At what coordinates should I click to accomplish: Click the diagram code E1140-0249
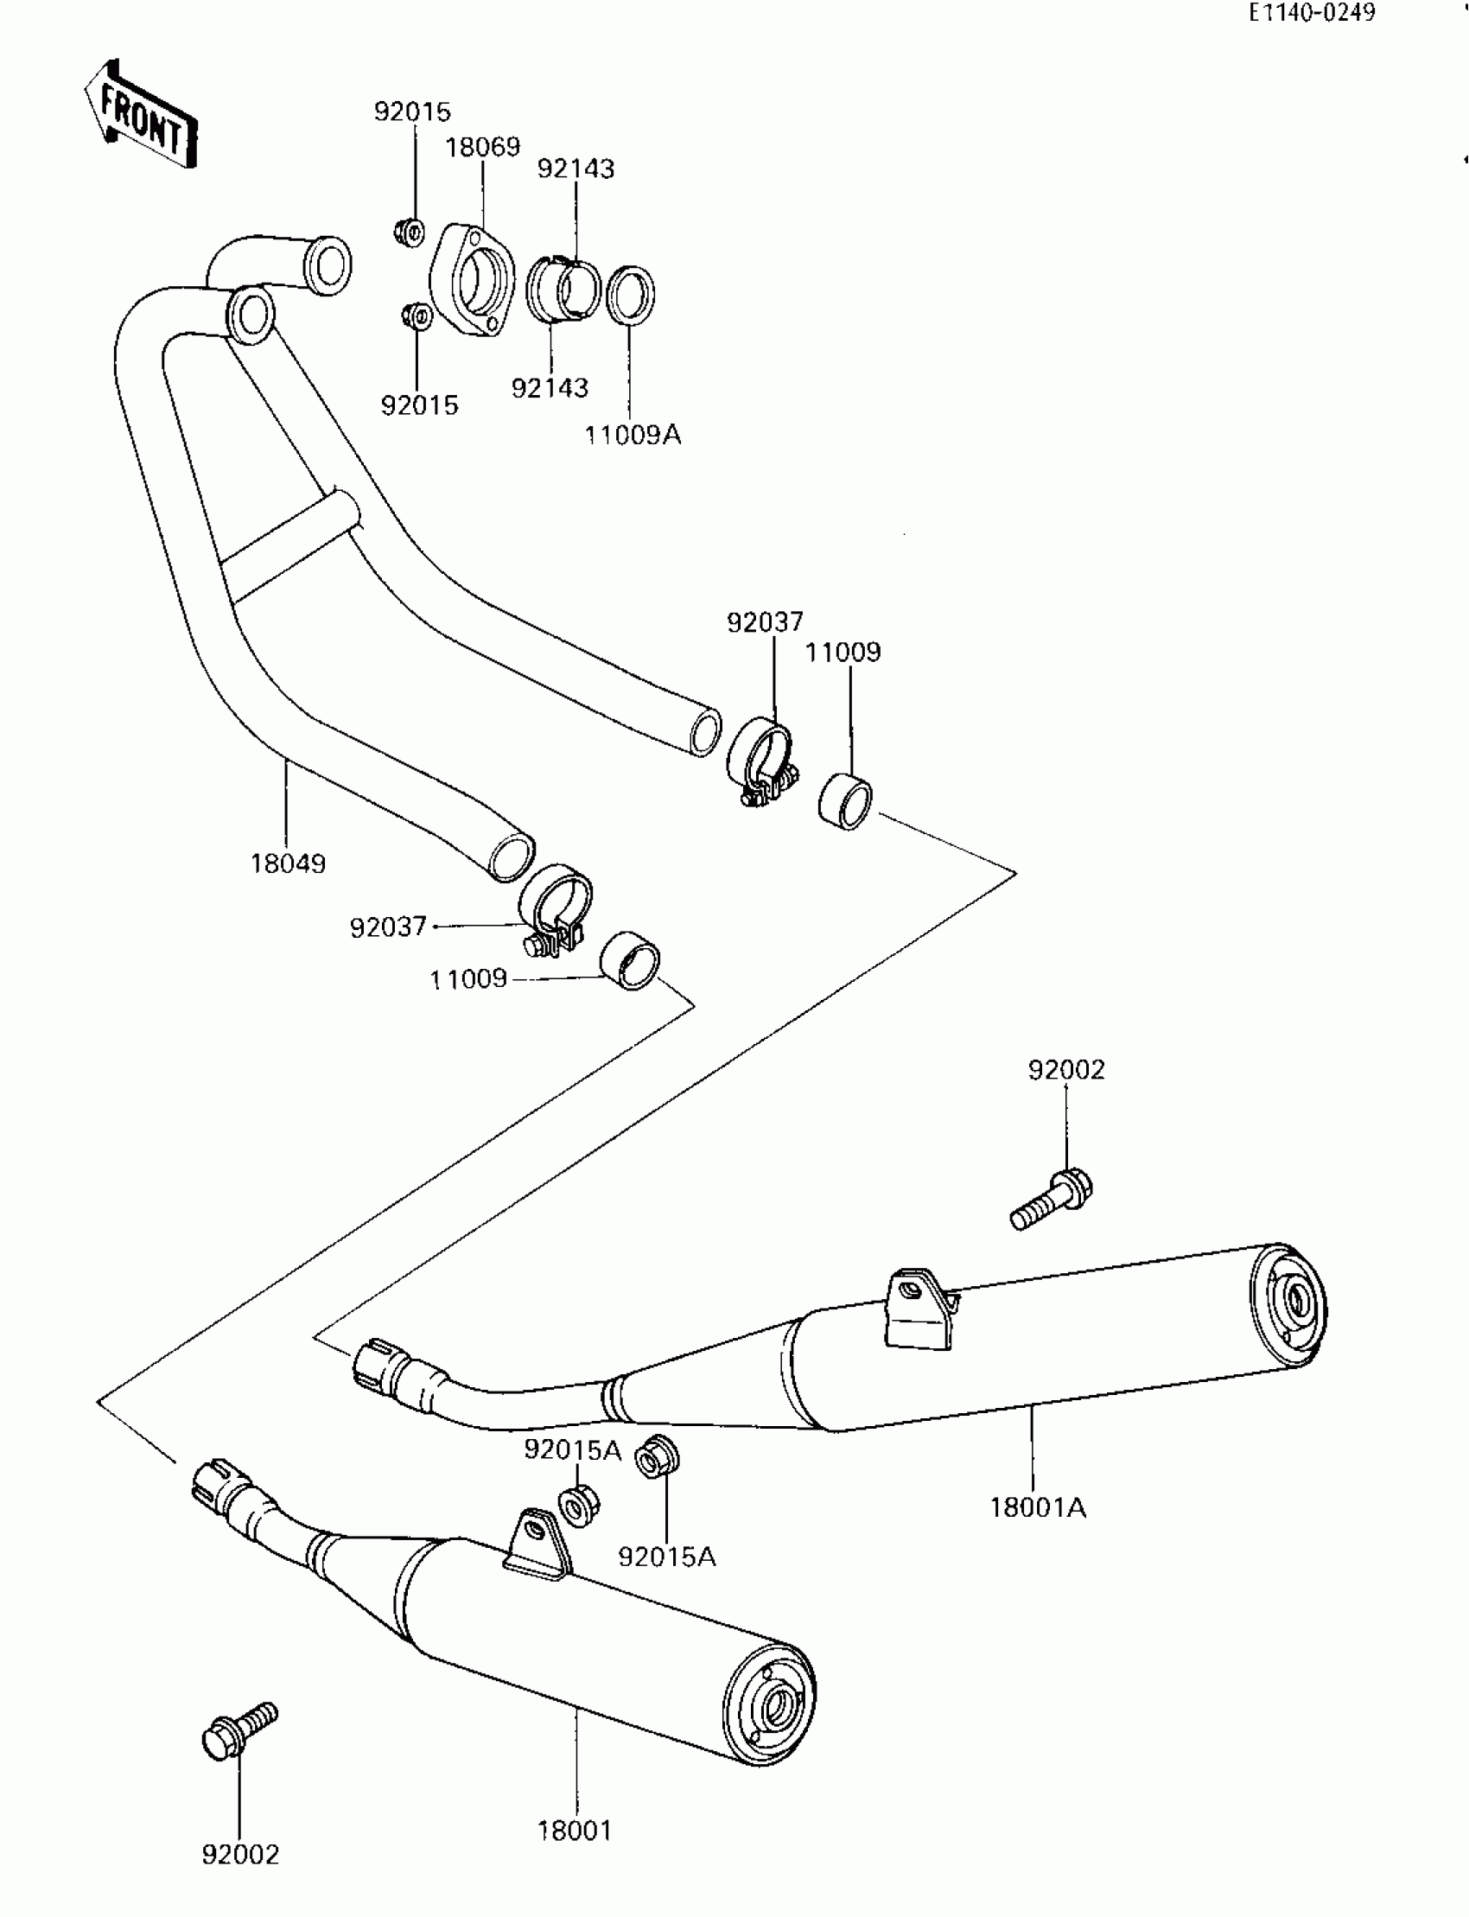(1312, 13)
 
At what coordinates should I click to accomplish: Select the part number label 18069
(483, 147)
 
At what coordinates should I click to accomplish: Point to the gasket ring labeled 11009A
(631, 294)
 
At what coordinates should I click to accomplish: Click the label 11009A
(633, 435)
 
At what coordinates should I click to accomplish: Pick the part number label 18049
(288, 864)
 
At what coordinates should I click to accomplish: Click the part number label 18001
(575, 1831)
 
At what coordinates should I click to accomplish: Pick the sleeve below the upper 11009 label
(846, 801)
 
